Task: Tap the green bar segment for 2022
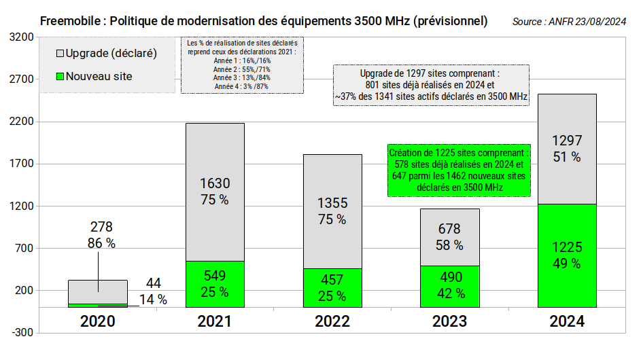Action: [332, 287]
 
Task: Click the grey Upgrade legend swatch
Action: [60, 53]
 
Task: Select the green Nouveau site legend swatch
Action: [60, 76]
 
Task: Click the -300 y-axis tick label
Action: [22, 333]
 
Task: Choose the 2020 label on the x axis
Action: [97, 321]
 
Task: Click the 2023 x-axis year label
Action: [449, 321]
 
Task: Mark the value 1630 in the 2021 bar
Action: [215, 183]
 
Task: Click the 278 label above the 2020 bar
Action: [101, 227]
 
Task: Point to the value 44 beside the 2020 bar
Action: [153, 283]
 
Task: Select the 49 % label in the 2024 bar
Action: [567, 264]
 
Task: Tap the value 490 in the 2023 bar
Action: [449, 276]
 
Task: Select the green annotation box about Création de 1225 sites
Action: [457, 170]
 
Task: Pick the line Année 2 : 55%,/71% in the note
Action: [242, 69]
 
